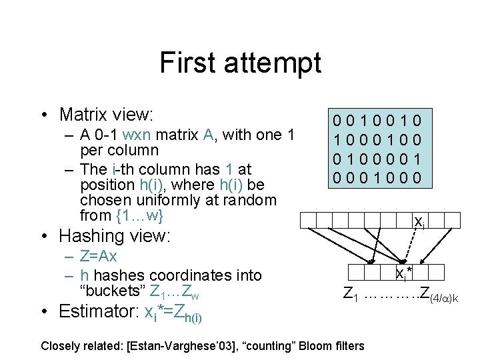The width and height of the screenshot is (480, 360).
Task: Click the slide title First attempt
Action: (240, 63)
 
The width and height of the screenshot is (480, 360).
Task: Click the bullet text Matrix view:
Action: (107, 115)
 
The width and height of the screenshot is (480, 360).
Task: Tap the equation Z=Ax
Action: (98, 257)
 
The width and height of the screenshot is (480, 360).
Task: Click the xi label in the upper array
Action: (419, 221)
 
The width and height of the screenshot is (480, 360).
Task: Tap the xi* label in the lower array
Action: (403, 273)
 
